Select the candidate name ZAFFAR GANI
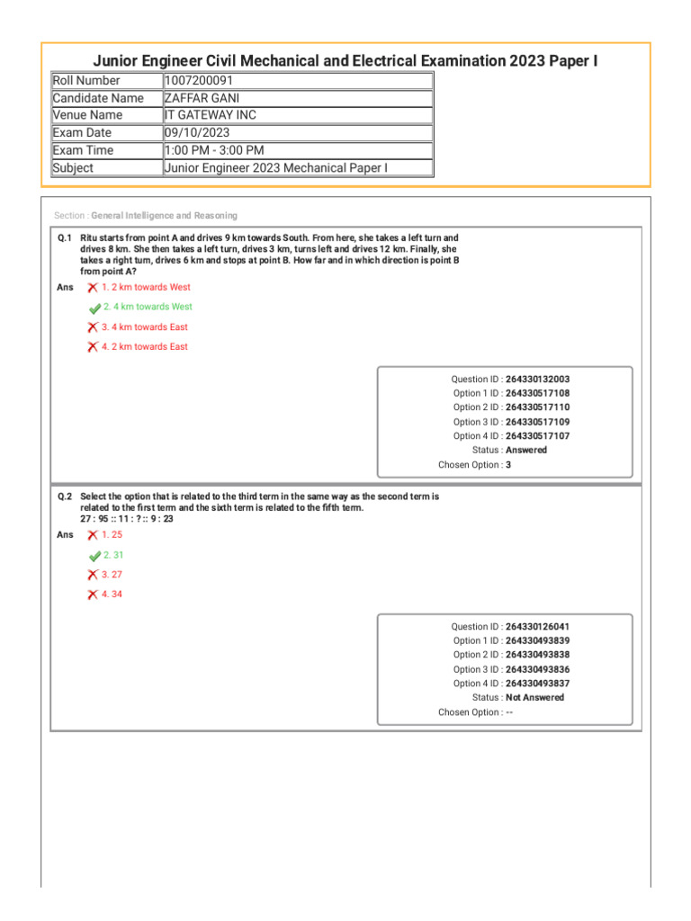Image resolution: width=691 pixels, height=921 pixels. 202,98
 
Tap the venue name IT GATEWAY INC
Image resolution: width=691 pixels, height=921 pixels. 210,115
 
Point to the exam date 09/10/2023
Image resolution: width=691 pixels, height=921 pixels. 197,133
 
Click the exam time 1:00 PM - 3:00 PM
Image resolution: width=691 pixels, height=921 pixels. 214,150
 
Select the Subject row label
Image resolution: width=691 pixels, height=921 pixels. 73,168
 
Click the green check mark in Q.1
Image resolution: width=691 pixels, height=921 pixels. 94,308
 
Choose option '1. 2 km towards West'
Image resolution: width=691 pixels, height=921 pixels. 146,288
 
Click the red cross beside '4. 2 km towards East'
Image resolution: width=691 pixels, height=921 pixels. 93,347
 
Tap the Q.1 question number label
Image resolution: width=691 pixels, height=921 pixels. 65,238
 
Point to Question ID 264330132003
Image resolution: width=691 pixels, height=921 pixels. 537,380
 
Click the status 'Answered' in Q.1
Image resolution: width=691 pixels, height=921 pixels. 525,450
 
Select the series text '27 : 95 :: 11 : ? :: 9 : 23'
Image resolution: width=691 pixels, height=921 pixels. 127,519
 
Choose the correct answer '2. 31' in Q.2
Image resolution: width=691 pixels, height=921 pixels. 113,555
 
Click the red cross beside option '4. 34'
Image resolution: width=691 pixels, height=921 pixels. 93,595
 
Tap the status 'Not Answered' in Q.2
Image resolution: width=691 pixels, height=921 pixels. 534,697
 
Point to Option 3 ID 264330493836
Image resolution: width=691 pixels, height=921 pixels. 537,669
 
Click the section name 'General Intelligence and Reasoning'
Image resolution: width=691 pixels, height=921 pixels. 165,216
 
